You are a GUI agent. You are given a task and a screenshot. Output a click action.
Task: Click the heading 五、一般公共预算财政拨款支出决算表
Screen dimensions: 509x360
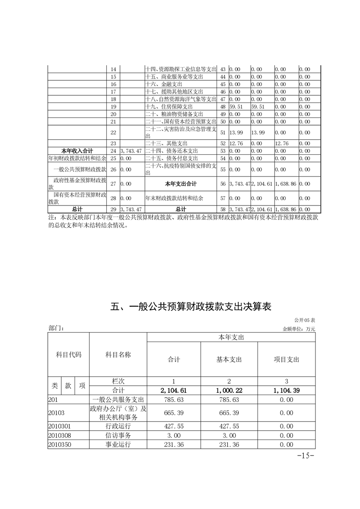(191, 307)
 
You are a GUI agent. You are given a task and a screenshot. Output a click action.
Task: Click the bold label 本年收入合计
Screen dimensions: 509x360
(77, 151)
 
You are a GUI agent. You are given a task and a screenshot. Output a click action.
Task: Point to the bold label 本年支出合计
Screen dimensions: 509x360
(181, 184)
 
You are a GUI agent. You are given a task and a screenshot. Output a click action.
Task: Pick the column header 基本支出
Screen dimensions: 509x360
(229, 359)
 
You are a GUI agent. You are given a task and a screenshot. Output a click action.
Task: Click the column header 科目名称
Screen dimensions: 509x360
(118, 355)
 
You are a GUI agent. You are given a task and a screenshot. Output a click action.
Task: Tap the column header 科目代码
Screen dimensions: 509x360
(69, 355)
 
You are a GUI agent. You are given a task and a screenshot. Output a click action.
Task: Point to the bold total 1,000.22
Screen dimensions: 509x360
(229, 390)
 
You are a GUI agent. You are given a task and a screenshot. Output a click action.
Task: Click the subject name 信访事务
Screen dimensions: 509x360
(118, 436)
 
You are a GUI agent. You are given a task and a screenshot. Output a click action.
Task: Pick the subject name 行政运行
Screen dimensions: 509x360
(118, 426)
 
